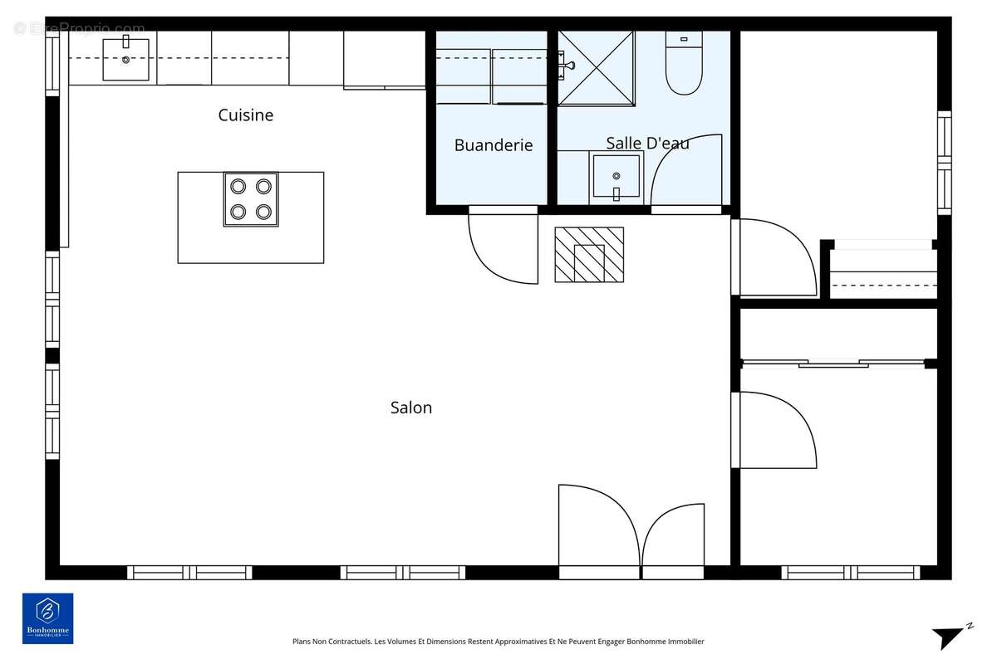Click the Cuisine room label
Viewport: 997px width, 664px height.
pos(245,115)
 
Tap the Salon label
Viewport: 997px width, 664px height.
pos(411,408)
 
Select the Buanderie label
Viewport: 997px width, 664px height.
pos(494,145)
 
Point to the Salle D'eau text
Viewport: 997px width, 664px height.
pos(647,144)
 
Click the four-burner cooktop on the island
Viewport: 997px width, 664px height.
pos(251,199)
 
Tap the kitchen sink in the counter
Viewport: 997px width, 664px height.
pos(125,59)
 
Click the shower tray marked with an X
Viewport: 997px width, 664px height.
pos(596,68)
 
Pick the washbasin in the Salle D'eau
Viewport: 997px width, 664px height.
pos(616,176)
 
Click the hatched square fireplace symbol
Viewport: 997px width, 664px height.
pos(589,255)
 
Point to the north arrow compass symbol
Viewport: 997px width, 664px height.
pos(950,636)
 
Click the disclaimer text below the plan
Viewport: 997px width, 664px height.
pos(498,642)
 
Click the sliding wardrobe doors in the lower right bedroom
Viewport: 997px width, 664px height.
pos(833,363)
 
